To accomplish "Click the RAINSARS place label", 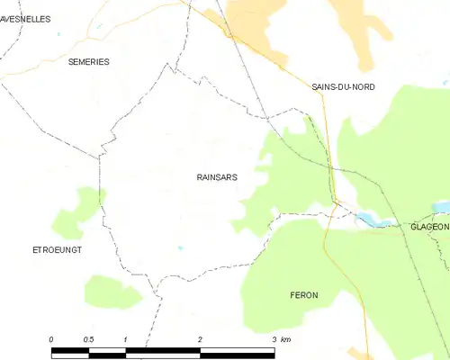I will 217,177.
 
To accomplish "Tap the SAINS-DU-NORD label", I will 343,86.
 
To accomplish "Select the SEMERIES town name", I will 88,61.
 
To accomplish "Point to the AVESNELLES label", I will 25,18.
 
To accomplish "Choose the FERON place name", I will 304,295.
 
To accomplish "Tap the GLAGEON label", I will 429,227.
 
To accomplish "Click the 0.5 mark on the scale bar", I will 88,338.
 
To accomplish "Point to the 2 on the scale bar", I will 200,338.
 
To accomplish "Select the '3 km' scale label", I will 280,338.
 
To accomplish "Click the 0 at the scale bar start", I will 51,338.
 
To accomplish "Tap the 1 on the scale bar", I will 125,338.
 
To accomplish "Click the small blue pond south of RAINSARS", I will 180,247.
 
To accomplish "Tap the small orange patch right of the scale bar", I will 360,352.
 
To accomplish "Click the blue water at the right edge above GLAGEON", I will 442,206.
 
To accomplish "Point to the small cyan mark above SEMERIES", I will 58,34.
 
